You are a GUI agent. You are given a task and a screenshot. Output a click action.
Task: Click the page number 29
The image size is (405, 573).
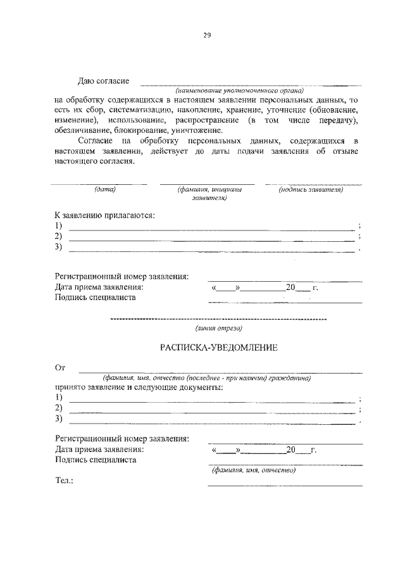[x=206, y=35]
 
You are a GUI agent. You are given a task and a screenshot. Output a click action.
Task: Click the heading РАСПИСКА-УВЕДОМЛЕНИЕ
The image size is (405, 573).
[x=208, y=347]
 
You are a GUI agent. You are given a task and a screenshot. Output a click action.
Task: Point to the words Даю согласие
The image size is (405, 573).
[x=103, y=81]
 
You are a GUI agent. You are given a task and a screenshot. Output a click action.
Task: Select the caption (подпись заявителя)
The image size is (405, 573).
[x=311, y=189]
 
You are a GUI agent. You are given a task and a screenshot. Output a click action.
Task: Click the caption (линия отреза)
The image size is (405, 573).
[x=218, y=328]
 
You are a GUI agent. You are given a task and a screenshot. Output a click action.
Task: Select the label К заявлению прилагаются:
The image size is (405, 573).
[x=104, y=215]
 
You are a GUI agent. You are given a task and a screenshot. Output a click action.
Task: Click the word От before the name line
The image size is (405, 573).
[x=61, y=367]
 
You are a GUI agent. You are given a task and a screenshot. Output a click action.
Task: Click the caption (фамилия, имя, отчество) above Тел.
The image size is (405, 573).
[x=254, y=470]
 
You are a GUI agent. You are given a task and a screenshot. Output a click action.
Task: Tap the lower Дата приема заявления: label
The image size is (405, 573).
[x=99, y=450]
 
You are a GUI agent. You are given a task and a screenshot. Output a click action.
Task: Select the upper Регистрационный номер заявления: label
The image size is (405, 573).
[x=121, y=277]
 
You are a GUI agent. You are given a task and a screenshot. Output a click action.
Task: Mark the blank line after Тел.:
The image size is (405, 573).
[x=285, y=485]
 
